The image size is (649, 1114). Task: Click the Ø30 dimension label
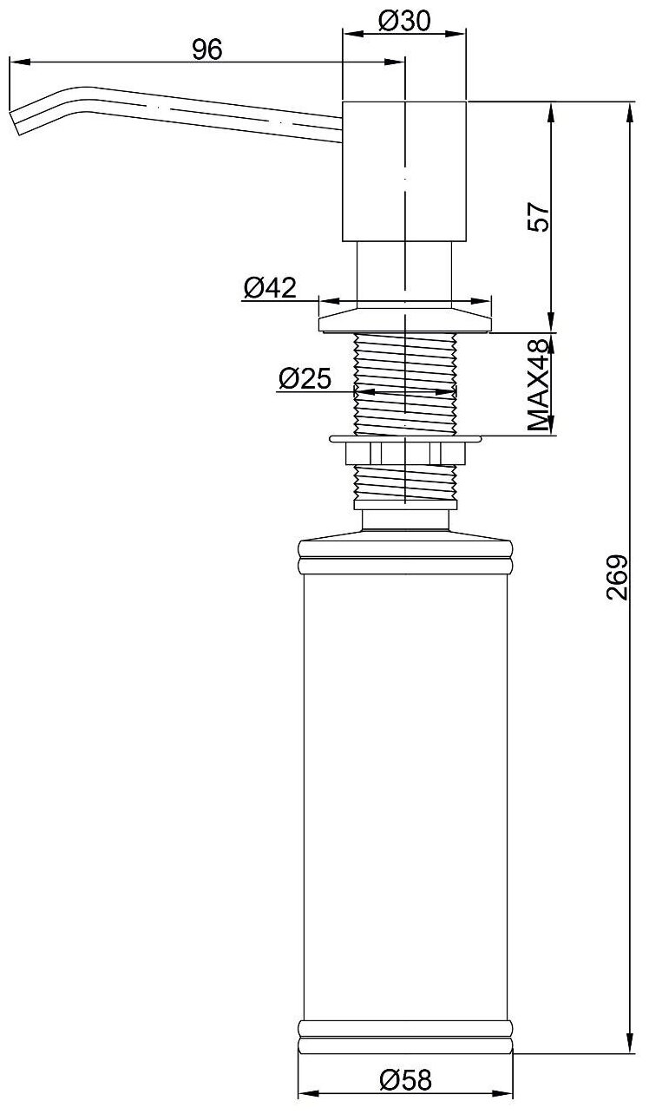404,22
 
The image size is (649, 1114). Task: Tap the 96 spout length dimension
207,50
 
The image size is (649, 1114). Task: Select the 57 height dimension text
539,216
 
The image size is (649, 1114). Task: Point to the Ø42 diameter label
270,287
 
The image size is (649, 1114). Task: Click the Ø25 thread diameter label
305,379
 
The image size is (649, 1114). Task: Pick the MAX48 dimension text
539,385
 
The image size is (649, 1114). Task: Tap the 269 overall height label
618,578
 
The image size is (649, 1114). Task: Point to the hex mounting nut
405,453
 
